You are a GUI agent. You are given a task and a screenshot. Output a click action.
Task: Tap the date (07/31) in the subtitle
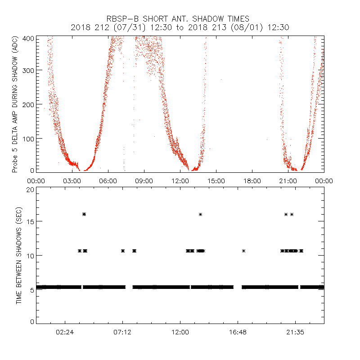(122, 27)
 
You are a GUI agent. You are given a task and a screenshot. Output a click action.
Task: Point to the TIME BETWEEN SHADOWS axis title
(19, 256)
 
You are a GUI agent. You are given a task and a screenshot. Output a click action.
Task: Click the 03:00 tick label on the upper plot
(72, 180)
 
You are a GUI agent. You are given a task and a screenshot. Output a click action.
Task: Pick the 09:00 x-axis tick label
(144, 180)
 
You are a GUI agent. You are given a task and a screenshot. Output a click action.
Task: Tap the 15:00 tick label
(216, 180)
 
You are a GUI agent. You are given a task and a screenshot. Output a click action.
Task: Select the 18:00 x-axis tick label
(252, 180)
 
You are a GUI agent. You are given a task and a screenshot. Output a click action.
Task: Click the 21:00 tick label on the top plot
(288, 180)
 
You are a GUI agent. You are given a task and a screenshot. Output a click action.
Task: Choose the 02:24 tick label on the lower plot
(65, 333)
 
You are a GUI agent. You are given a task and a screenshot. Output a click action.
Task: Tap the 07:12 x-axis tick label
(122, 333)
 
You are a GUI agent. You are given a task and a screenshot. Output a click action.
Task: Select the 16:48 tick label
(238, 333)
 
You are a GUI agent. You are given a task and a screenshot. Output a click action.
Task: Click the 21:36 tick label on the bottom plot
(295, 333)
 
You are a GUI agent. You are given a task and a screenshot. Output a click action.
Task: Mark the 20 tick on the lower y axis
(30, 189)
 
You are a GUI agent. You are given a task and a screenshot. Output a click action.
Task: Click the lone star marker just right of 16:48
(243, 251)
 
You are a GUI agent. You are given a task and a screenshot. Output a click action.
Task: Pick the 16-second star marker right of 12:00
(201, 214)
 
